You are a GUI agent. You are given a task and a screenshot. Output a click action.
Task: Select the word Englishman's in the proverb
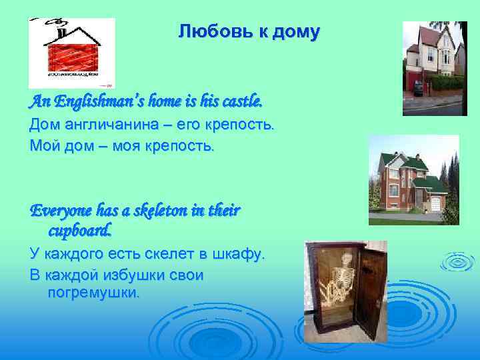[x=94, y=102]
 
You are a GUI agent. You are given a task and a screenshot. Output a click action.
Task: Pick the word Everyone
[x=59, y=211]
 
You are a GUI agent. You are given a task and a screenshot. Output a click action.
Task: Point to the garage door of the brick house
[x=438, y=203]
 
